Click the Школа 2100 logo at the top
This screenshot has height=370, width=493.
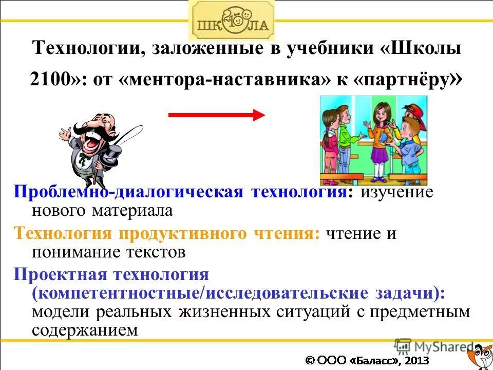click(x=232, y=21)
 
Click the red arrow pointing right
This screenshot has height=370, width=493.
click(x=216, y=115)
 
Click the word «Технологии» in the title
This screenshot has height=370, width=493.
click(x=88, y=50)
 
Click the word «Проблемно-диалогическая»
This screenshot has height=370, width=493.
click(x=128, y=192)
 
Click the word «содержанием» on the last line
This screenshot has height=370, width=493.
click(x=85, y=330)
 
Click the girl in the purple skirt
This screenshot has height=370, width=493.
click(x=379, y=139)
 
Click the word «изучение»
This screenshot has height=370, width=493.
click(x=396, y=192)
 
